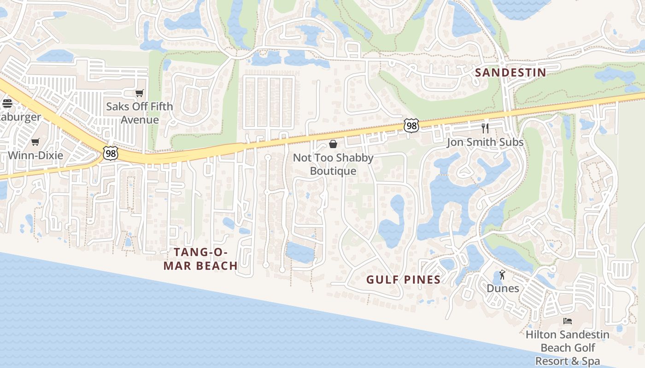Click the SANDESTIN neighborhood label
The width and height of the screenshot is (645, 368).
tap(510, 73)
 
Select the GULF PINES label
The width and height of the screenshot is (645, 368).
tap(404, 280)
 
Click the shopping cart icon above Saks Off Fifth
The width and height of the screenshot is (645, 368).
tap(140, 93)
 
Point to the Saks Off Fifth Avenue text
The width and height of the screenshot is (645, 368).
tap(140, 113)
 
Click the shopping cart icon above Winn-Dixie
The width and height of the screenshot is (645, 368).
tap(35, 142)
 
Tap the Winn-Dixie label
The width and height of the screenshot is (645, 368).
tap(35, 155)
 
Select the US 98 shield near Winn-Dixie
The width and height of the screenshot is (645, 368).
tap(110, 153)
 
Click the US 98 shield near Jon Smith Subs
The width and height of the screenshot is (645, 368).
tap(411, 126)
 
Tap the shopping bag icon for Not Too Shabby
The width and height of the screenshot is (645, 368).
tap(333, 144)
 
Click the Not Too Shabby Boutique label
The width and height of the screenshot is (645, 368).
tap(333, 164)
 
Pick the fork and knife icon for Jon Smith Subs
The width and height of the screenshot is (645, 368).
tap(485, 128)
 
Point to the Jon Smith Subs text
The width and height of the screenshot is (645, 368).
tap(485, 142)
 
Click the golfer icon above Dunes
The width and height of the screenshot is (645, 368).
tap(502, 275)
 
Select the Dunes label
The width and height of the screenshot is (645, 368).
tap(503, 288)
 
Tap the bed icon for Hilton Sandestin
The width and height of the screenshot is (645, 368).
tap(568, 321)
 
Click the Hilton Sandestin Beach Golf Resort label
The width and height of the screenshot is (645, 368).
tap(568, 348)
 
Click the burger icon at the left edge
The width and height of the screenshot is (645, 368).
tap(7, 103)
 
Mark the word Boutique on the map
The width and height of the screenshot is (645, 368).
tap(333, 171)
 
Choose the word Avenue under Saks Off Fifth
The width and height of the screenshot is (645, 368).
tap(140, 120)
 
